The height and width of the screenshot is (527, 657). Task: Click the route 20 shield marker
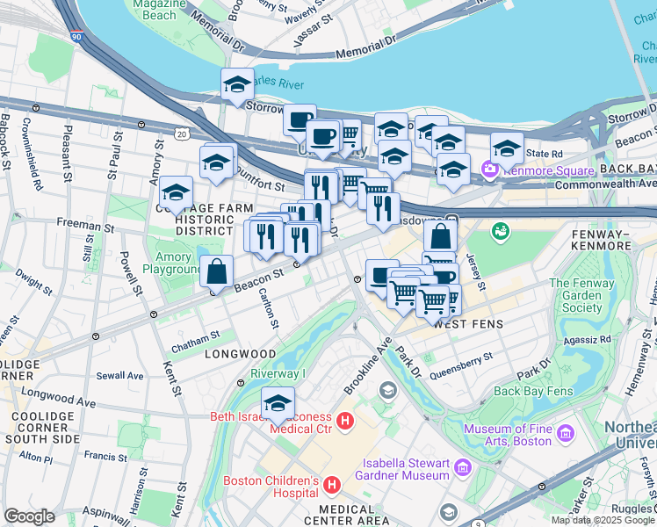pos(181,133)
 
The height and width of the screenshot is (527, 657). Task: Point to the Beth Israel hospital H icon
pos(345,422)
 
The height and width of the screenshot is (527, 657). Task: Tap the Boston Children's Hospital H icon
pos(332,485)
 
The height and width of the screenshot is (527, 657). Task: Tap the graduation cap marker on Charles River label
pos(237,84)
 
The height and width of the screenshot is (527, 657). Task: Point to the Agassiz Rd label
pos(588,339)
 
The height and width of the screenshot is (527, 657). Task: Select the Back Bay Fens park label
pos(533,391)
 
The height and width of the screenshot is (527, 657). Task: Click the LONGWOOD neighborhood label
pos(240,354)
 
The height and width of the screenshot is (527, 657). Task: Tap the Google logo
pos(29,516)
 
